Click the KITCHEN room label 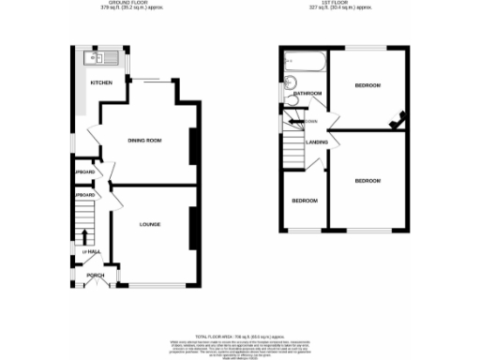point(101,83)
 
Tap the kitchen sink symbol point(97,59)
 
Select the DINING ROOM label point(145,141)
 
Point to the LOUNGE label point(150,224)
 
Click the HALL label point(92,252)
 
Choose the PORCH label point(96,275)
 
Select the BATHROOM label point(308,94)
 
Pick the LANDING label point(315,142)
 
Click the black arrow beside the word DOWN point(293,121)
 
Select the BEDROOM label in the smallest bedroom point(303,202)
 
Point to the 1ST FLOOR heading point(345,5)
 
